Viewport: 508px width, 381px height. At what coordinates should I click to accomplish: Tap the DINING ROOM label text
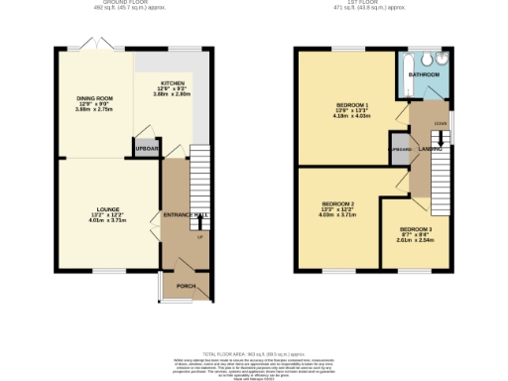coord(95,98)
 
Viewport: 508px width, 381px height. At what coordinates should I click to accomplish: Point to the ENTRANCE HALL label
coord(187,215)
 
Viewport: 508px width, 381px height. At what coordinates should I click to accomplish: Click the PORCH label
coord(186,286)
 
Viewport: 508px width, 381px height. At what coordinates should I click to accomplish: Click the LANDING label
coord(430,149)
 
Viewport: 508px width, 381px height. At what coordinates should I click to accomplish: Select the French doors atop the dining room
coord(95,46)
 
